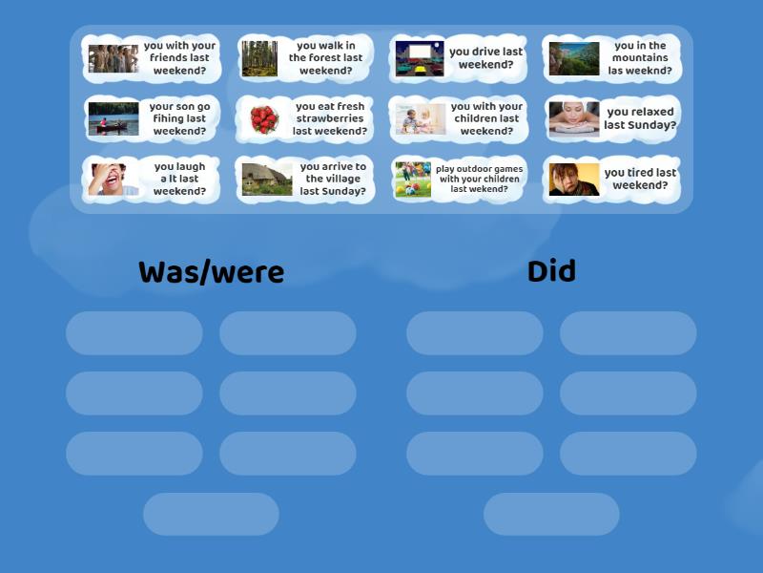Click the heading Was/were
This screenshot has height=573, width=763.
click(x=211, y=272)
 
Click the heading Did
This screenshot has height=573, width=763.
click(x=551, y=271)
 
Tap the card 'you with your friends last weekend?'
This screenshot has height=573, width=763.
click(x=152, y=58)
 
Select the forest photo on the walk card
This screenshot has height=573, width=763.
click(x=259, y=58)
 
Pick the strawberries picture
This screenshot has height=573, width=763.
click(x=264, y=119)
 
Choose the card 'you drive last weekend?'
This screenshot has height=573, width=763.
click(x=459, y=58)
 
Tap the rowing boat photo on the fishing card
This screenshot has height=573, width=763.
click(x=113, y=119)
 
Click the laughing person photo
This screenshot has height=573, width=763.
click(x=113, y=180)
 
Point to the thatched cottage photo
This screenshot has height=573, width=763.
click(x=267, y=180)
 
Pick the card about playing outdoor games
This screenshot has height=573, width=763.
click(x=459, y=180)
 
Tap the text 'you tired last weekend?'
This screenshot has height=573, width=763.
click(x=640, y=180)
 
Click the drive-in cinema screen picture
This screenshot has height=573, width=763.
click(x=420, y=58)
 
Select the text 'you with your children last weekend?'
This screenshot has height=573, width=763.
click(x=486, y=119)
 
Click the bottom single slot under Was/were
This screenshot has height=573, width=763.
click(x=211, y=514)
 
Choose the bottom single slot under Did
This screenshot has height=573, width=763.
click(x=551, y=514)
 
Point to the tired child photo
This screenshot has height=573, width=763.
click(x=574, y=180)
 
